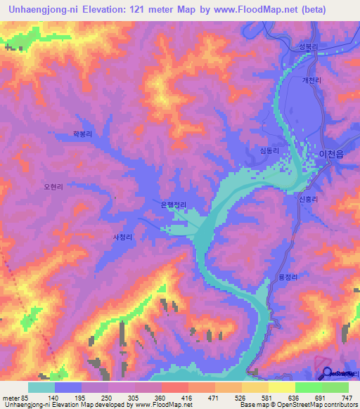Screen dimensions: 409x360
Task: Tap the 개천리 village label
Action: click(x=311, y=81)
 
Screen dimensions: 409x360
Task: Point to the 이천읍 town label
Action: click(x=331, y=153)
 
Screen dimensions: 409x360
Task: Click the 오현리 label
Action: click(x=53, y=187)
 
